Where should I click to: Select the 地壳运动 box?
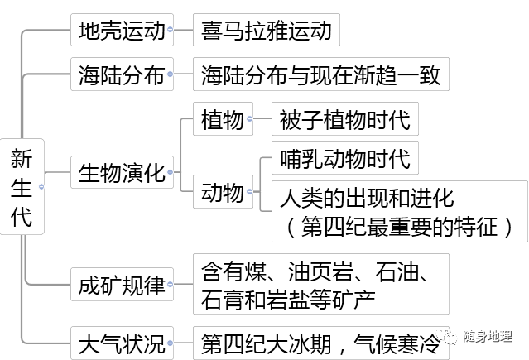(118, 31)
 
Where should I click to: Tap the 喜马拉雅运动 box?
(266, 31)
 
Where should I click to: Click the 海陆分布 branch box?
(118, 76)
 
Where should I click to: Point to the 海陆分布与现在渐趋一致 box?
(321, 76)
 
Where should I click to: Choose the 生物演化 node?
(118, 174)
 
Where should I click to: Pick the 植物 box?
(222, 121)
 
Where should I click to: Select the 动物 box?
(222, 193)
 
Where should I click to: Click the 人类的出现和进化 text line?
(366, 199)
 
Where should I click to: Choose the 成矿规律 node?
(118, 286)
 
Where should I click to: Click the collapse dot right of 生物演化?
(170, 174)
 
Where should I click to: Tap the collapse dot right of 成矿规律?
(170, 286)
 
